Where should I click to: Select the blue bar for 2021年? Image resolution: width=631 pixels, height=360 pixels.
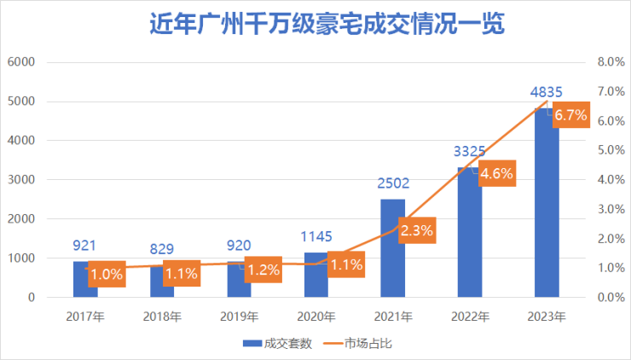(x=392, y=256)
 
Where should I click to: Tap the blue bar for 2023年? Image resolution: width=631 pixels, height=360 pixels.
(x=547, y=213)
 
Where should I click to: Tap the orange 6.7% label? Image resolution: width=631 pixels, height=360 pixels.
(x=570, y=115)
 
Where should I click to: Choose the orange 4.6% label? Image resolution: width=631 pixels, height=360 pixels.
(x=496, y=174)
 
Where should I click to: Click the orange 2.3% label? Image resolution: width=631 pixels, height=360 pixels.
(x=418, y=229)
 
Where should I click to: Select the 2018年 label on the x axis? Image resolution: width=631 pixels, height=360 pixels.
(x=161, y=316)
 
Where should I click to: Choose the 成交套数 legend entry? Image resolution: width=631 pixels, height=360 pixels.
(x=278, y=344)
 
